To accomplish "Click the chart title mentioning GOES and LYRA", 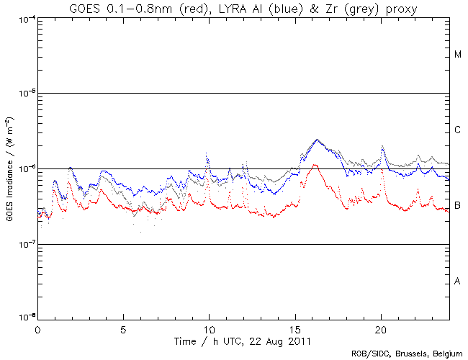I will [243, 8].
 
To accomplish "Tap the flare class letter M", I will [457, 55].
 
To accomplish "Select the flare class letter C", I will [457, 130].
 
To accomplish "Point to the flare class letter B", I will [457, 206].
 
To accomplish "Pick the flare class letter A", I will [457, 282].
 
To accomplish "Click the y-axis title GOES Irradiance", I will [9, 170].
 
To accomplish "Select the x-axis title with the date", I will [243, 339].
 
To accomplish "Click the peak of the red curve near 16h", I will [315, 165].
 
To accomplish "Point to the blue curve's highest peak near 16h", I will [317, 140].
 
